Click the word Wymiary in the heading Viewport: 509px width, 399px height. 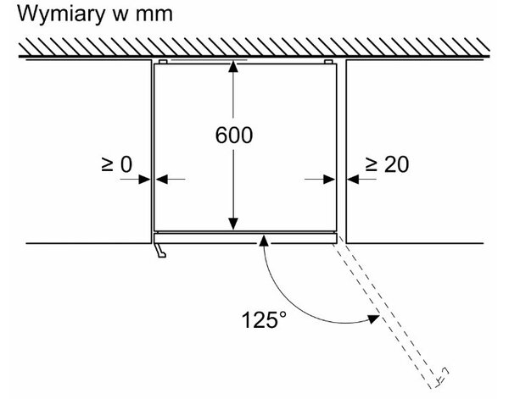point(61,15)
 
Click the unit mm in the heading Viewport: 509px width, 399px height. point(154,15)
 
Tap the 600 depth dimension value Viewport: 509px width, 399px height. point(234,136)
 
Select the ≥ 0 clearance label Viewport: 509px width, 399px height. point(117,164)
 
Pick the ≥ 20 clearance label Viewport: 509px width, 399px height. point(387,164)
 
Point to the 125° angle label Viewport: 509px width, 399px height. point(264,320)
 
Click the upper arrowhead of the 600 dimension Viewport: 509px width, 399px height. point(233,66)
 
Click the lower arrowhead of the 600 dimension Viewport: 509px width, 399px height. point(233,224)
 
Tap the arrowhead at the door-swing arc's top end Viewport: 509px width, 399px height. point(264,241)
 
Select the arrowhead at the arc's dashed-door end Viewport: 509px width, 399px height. point(373,319)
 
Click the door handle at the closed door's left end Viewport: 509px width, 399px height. point(160,251)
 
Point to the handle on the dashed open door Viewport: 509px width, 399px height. point(442,377)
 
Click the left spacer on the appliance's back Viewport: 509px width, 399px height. point(163,62)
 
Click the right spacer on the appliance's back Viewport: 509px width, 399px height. point(328,62)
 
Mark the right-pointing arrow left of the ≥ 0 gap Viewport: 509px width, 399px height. point(135,179)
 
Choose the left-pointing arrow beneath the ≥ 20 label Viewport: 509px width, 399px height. point(361,179)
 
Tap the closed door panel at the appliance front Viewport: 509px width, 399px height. point(245,239)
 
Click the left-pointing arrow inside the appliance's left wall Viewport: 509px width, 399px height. point(171,179)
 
